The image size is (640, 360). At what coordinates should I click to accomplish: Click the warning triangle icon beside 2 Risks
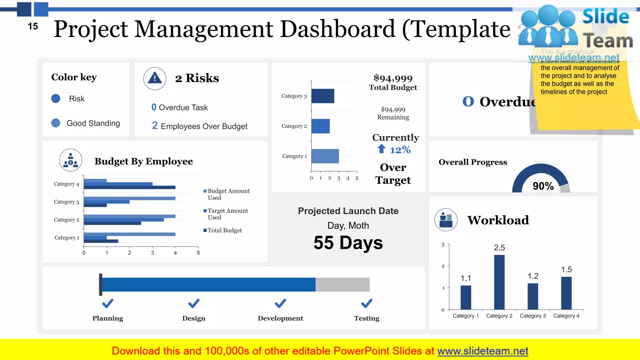[x=155, y=78]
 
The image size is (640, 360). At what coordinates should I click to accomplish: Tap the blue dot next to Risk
[x=56, y=99]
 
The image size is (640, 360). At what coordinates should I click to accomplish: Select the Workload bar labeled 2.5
[x=499, y=282]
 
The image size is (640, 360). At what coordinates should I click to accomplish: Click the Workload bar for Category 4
[x=566, y=293]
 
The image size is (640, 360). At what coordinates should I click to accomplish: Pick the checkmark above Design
[x=194, y=303]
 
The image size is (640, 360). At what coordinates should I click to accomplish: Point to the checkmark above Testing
[x=367, y=303]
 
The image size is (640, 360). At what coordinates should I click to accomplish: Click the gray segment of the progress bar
[x=342, y=284]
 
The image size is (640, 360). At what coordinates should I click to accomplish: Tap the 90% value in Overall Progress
[x=543, y=186]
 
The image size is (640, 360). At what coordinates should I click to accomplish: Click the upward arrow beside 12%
[x=381, y=149]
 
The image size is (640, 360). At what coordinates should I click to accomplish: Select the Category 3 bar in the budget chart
[x=323, y=96]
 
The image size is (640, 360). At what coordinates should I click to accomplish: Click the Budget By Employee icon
[x=71, y=160]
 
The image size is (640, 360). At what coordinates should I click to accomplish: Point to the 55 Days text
[x=348, y=243]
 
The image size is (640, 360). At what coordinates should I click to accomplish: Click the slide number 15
[x=33, y=26]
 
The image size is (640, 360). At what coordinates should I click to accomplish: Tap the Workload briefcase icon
[x=446, y=220]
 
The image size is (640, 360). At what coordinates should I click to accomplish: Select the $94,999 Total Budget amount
[x=393, y=78]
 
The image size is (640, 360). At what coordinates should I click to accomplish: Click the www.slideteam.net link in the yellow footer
[x=482, y=351]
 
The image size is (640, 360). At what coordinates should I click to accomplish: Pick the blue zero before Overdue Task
[x=154, y=107]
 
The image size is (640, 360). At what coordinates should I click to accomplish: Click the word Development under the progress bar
[x=280, y=318]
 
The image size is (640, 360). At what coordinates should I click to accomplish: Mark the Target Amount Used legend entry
[x=227, y=214]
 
